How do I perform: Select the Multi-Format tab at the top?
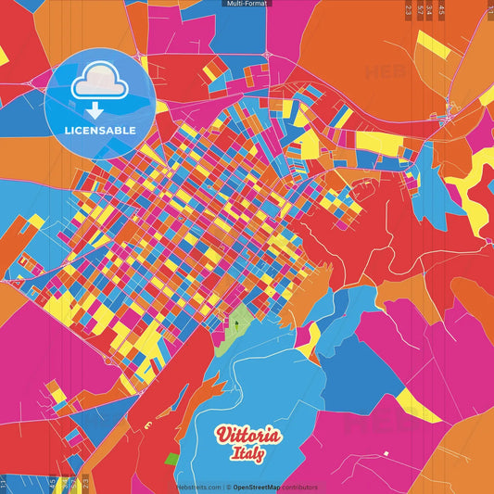247,4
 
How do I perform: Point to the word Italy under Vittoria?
248,454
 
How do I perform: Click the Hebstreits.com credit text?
198,487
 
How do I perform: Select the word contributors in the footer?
302,487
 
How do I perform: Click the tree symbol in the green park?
235,323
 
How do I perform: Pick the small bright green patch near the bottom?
171,459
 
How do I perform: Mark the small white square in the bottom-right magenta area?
386,454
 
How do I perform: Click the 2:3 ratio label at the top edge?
409,9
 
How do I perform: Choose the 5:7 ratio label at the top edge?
420,9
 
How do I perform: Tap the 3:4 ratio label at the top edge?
430,9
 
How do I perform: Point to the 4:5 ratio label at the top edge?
441,9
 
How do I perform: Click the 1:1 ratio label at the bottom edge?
4,484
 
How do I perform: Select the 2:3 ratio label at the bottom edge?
84,484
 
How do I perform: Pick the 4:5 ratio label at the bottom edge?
52,484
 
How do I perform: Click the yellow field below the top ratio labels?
432,46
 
